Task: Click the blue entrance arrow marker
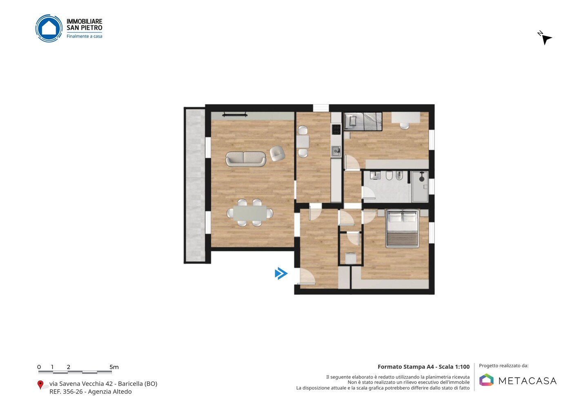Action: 281,273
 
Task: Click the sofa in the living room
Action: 246,159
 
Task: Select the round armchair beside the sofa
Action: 277,153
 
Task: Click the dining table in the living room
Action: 250,213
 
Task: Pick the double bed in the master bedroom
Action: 402,228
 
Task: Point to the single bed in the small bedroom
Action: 363,121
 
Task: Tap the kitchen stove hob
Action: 336,129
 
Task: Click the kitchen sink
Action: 336,151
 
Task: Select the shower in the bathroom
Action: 420,186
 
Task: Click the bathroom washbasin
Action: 375,175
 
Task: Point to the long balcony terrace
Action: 195,186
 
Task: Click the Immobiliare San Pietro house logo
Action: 49,28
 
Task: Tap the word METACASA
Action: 528,381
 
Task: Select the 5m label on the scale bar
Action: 114,367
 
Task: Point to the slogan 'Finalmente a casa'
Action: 84,36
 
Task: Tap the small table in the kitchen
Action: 303,141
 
